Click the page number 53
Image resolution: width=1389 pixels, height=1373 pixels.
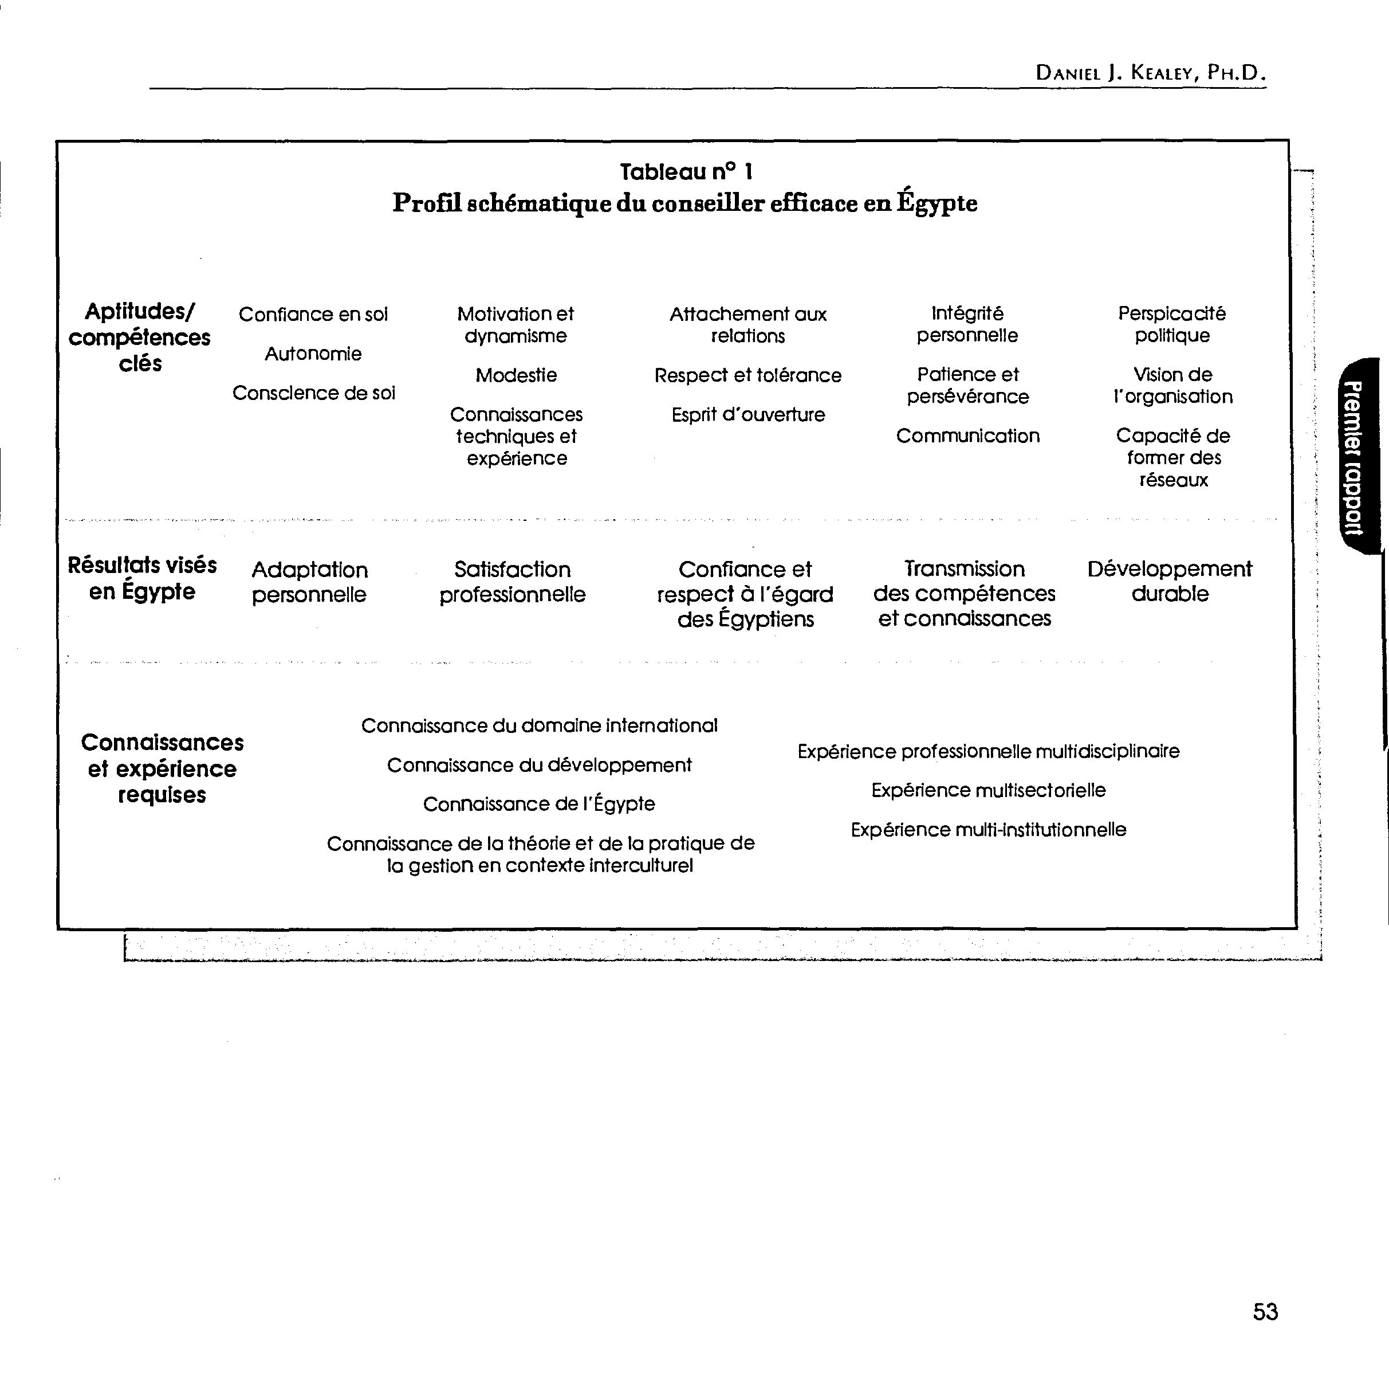[x=1265, y=1311]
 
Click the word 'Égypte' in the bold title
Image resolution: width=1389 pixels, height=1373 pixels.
[x=936, y=203]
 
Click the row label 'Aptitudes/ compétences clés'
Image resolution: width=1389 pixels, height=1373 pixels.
[x=140, y=338]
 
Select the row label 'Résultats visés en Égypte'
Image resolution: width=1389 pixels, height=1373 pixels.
[x=141, y=578]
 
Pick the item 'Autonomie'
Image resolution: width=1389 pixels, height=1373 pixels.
[x=313, y=354]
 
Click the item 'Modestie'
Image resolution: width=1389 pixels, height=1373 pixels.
[x=516, y=375]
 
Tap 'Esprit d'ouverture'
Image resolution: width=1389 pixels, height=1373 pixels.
[x=747, y=415]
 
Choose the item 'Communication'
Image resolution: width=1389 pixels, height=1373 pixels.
[x=967, y=436]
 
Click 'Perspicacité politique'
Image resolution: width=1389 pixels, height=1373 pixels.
[x=1172, y=324]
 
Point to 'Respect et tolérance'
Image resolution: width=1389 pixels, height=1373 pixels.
[x=747, y=375]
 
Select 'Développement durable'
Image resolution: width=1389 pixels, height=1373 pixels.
[x=1170, y=581]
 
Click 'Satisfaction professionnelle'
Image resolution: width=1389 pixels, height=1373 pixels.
[x=513, y=582]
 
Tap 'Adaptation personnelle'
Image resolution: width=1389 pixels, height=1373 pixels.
[x=309, y=582]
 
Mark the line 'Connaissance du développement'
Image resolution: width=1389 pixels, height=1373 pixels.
[x=539, y=765]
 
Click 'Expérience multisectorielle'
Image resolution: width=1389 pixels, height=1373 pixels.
[x=989, y=790]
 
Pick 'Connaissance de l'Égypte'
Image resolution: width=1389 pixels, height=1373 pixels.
[x=539, y=804]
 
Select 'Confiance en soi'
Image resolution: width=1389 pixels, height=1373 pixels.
[x=313, y=314]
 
